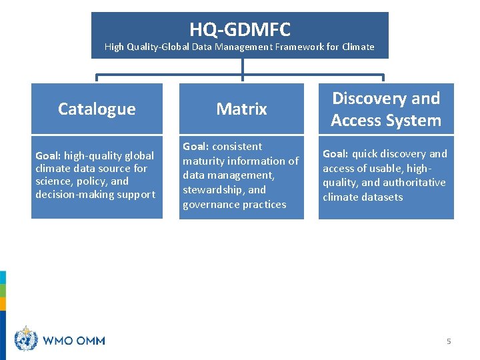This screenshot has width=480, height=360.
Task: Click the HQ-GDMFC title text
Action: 239,29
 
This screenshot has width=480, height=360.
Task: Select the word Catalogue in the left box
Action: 97,109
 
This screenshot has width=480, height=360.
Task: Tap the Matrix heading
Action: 241,109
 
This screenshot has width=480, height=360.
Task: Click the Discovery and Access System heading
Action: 386,109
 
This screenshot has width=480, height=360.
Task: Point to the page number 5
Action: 449,341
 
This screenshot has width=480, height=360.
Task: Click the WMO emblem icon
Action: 26,339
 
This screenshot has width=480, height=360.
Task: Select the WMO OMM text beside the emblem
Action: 74,341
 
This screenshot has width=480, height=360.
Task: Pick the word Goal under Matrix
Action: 195,147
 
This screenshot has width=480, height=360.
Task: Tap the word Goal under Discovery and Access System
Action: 335,154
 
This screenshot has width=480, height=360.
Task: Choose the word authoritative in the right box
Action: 413,183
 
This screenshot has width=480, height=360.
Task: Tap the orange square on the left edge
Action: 3,303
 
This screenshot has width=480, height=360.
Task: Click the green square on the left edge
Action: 3,290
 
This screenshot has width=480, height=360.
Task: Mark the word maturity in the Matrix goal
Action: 204,161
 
